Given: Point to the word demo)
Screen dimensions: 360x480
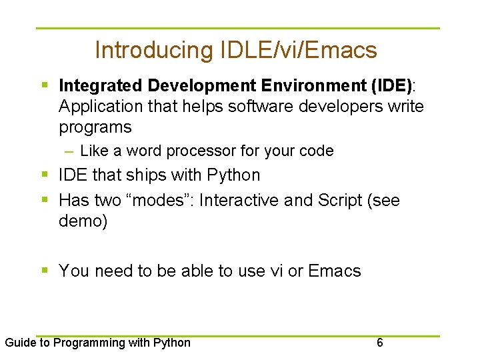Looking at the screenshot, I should tap(83, 221).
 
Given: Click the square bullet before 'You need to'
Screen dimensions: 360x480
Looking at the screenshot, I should tap(45, 271).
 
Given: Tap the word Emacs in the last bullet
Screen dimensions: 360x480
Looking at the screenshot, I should tap(335, 271).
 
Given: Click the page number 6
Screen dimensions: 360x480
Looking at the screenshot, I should tap(380, 343).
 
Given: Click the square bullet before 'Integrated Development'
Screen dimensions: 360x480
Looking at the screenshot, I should tap(45, 86).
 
